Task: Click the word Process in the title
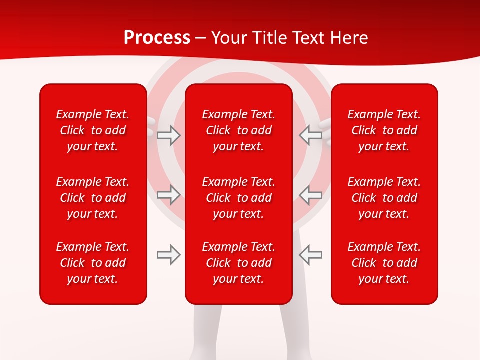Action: pos(157,38)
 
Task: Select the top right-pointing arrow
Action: pos(168,135)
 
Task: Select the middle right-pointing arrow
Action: pos(168,195)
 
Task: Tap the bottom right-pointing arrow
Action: pos(168,255)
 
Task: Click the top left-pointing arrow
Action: pos(311,135)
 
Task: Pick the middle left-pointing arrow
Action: pos(311,195)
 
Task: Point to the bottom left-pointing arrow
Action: pos(311,255)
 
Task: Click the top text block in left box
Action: pos(93,130)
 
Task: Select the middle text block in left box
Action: pos(93,198)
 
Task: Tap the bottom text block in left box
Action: pos(93,263)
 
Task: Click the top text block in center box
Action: pos(238,130)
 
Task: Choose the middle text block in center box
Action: pos(238,198)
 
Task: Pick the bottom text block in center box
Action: pos(238,263)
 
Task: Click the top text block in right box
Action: pos(384,130)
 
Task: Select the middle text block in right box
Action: pos(384,198)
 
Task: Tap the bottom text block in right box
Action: pos(384,263)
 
